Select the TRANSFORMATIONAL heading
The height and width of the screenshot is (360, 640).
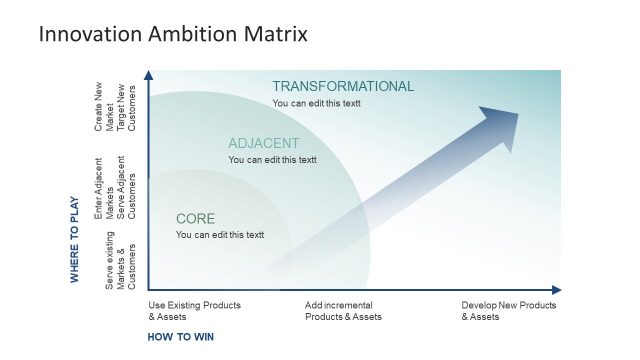click(343, 86)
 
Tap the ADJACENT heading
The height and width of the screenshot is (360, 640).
click(265, 143)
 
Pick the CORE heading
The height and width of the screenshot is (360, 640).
click(195, 218)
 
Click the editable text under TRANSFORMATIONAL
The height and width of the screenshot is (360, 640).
click(316, 103)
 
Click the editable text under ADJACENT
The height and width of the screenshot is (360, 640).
click(272, 159)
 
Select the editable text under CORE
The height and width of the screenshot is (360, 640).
click(220, 235)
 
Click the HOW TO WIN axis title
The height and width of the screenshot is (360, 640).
click(181, 337)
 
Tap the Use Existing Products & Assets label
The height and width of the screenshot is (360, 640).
click(194, 311)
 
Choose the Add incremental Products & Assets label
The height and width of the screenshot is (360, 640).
click(343, 311)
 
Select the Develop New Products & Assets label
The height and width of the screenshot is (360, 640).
click(508, 311)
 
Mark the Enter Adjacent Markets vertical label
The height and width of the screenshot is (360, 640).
click(99, 188)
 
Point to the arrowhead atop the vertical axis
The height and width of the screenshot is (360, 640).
click(148, 75)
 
